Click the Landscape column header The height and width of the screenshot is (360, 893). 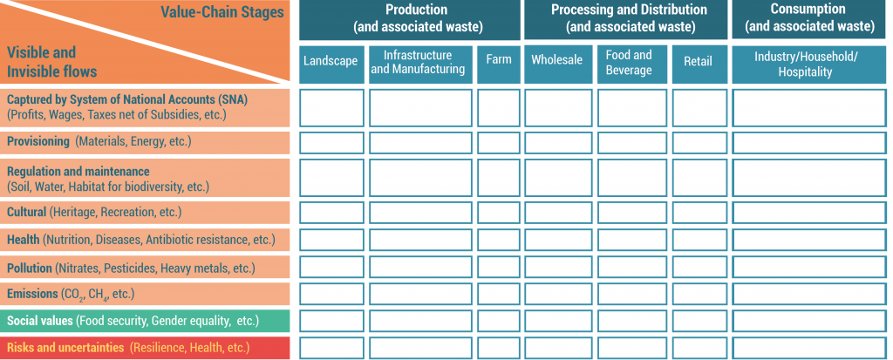click(x=331, y=65)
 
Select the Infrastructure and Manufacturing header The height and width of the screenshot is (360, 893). click(x=420, y=65)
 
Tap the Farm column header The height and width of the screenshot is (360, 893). click(x=498, y=65)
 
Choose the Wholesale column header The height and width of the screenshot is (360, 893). click(x=557, y=65)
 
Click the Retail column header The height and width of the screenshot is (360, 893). click(x=699, y=65)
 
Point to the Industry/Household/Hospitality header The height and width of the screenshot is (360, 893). click(x=809, y=65)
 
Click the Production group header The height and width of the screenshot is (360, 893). click(x=410, y=19)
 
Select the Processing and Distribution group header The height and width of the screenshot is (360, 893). click(x=626, y=19)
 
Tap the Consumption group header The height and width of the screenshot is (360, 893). click(x=809, y=19)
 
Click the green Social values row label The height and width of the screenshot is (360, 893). click(x=145, y=322)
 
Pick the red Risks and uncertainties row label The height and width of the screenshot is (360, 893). click(x=145, y=348)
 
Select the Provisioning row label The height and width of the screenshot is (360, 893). click(x=145, y=142)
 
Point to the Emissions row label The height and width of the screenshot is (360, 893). click(x=145, y=294)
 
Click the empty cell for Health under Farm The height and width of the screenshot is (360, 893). click(x=498, y=240)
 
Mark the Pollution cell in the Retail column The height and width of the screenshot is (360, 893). click(x=699, y=267)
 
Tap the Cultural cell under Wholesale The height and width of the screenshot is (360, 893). click(x=557, y=213)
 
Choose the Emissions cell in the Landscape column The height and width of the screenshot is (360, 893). click(x=331, y=294)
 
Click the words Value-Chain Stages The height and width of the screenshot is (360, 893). click(x=222, y=12)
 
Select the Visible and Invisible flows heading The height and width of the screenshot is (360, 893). click(x=51, y=62)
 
